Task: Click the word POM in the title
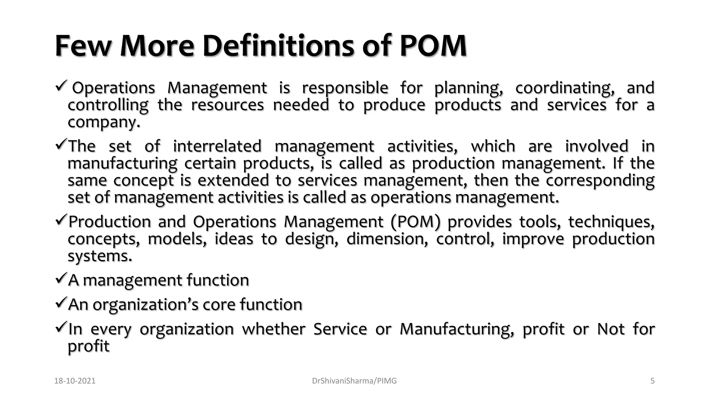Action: click(433, 46)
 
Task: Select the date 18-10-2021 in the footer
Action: click(75, 381)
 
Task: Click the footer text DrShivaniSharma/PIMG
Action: click(354, 381)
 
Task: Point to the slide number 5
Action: click(652, 381)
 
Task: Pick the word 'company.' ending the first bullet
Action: click(104, 122)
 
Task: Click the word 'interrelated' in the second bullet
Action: click(217, 146)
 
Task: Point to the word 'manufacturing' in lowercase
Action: click(122, 163)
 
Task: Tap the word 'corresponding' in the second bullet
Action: click(600, 181)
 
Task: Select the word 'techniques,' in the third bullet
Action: click(611, 222)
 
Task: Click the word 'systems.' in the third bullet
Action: click(100, 256)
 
